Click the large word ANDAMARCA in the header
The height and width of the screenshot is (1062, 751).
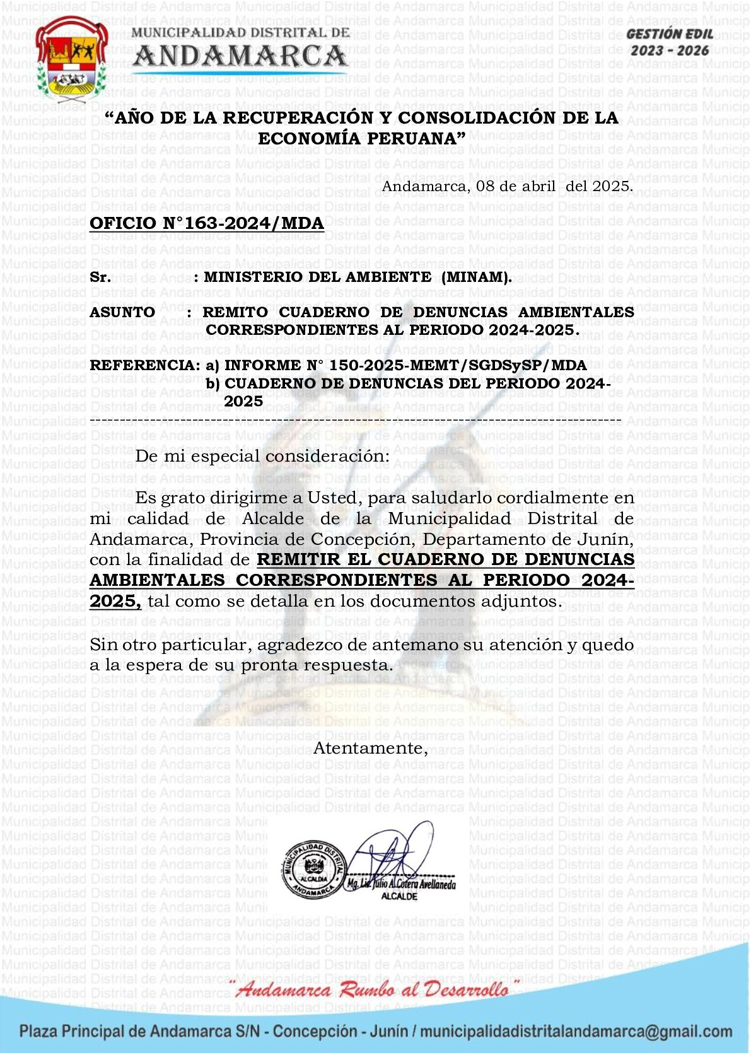click(240, 57)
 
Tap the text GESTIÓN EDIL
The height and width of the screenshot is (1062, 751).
click(670, 35)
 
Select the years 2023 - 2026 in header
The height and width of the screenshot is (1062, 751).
click(670, 50)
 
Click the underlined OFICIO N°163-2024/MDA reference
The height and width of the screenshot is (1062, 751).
click(207, 223)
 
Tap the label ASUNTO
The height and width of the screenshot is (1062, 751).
click(122, 312)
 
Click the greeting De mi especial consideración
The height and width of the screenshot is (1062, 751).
click(262, 456)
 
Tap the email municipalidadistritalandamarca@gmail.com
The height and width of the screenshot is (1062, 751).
click(576, 1032)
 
